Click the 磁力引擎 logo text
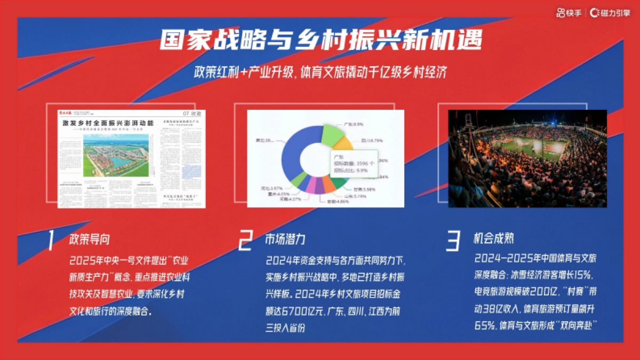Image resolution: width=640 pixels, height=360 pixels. click(x=611, y=12)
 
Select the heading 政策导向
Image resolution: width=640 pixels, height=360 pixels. click(x=90, y=238)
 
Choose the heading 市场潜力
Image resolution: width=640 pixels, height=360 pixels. click(x=285, y=238)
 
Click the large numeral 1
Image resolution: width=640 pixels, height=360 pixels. click(x=51, y=241)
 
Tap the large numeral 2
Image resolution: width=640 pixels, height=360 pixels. click(x=245, y=241)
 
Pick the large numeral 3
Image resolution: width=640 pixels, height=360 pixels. click(x=453, y=241)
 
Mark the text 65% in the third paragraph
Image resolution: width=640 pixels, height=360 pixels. click(x=484, y=325)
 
